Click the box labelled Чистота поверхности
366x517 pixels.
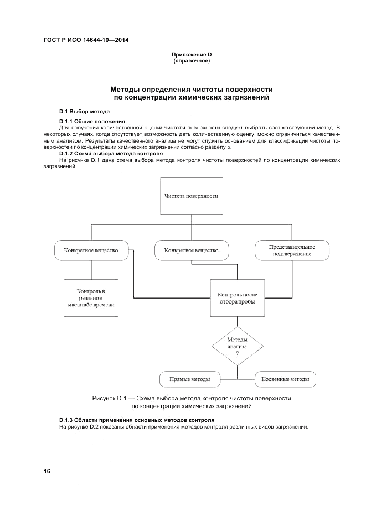point(191,196)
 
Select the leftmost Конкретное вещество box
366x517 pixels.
point(91,250)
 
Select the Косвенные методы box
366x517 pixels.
point(285,379)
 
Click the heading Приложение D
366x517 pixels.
point(192,55)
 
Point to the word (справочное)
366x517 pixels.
point(192,60)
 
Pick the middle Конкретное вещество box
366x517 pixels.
point(191,250)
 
